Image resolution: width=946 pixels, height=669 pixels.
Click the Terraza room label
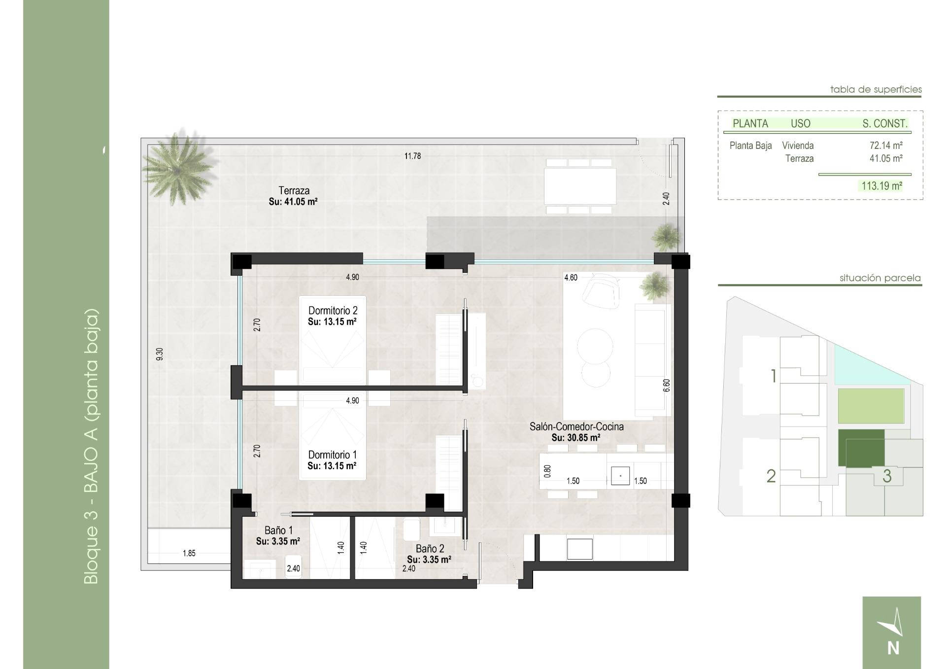coord(294,191)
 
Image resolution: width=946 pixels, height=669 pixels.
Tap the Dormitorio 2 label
coord(333,311)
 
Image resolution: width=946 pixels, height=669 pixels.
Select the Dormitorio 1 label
coord(332,455)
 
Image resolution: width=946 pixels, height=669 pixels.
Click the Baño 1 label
coord(278,530)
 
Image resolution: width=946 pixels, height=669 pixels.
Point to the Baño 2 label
coord(430,549)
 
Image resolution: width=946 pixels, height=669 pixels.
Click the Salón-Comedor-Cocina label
coord(576,427)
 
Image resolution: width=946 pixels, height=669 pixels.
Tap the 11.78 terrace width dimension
coord(412,156)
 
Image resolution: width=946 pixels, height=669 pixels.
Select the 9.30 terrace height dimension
coord(159,354)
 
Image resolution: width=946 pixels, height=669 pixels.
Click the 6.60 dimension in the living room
coord(666,385)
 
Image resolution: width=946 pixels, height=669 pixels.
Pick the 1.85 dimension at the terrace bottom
coord(189,553)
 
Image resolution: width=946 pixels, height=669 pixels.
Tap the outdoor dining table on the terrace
coord(580,186)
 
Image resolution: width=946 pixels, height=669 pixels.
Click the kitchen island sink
coord(620,476)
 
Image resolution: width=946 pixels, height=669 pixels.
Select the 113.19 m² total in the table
coord(881,186)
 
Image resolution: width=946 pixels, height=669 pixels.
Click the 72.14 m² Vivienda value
coord(885,145)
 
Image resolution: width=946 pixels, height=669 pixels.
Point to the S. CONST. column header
coord(884,124)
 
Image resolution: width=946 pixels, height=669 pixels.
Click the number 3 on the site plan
coord(887,476)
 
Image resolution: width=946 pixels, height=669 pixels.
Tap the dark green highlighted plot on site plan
coord(861,447)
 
